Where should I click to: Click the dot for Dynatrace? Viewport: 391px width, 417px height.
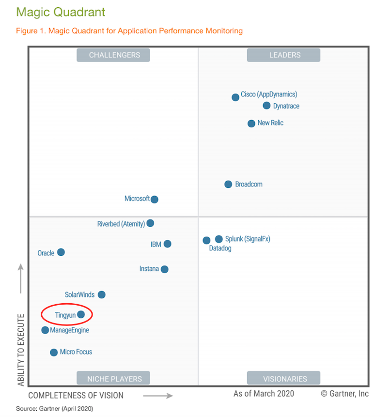266,106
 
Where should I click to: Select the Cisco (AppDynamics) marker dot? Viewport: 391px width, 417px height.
235,97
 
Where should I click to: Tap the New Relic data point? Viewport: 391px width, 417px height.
251,124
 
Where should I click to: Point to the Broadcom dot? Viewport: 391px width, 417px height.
228,184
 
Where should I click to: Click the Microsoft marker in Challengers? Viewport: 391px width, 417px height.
155,199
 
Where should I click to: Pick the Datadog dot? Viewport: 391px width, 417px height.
206,240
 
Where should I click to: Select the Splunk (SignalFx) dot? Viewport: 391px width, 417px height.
219,239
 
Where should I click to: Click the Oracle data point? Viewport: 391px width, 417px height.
61,252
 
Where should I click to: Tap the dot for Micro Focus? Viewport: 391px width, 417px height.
54,352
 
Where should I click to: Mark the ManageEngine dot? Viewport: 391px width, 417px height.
45,330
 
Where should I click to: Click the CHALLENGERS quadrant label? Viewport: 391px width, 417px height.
113,55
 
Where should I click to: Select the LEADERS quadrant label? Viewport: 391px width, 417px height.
284,55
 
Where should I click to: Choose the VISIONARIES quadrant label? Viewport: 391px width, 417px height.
284,379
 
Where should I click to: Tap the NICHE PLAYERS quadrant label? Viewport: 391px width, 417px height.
113,379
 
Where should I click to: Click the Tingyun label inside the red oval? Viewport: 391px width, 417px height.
65,315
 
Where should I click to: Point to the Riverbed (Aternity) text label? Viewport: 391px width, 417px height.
121,224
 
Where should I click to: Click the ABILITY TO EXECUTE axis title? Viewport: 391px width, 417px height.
21,350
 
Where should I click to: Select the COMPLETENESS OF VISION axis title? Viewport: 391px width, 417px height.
76,396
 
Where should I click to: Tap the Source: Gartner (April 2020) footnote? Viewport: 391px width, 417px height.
54,409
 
